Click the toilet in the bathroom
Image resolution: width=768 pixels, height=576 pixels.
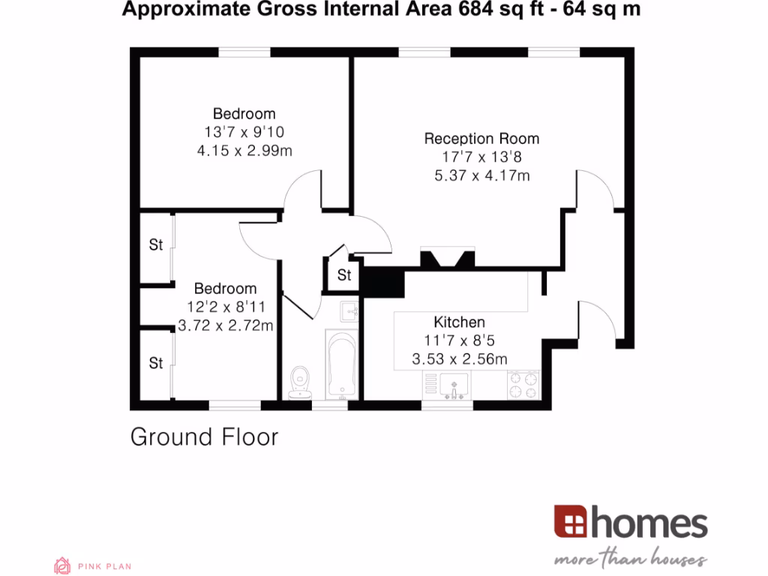301,381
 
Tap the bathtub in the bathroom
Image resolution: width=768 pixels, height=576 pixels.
341,367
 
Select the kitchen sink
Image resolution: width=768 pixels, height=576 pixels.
454,386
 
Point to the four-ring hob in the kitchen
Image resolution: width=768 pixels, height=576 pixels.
523,385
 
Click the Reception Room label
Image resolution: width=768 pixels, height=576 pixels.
481,139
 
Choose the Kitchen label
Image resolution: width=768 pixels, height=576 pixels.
459,322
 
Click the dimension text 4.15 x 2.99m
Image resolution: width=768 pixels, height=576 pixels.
244,151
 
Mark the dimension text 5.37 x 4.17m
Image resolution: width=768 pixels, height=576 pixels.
481,175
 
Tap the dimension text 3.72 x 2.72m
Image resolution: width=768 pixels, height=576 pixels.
225,325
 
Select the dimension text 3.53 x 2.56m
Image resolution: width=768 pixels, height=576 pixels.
459,359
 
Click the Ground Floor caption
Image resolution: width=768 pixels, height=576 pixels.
204,436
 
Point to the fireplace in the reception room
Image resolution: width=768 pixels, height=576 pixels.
447,258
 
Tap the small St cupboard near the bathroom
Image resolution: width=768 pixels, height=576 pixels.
343,275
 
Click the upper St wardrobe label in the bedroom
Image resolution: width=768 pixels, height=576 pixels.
156,244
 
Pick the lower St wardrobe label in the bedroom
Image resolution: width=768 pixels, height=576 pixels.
156,363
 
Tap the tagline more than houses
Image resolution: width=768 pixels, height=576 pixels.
630,559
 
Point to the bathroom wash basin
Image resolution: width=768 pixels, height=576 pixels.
349,311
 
